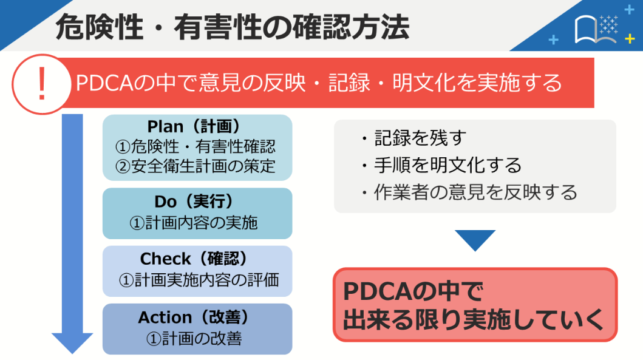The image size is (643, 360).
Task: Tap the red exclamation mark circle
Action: (x=41, y=84)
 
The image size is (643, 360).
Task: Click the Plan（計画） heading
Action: (x=197, y=126)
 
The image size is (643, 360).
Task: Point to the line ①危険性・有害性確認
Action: (x=197, y=146)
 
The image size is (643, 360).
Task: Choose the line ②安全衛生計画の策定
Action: (x=197, y=166)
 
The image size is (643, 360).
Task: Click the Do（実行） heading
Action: (x=197, y=202)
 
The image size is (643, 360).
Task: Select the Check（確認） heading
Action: (x=197, y=259)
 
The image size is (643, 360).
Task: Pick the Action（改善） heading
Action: (x=197, y=318)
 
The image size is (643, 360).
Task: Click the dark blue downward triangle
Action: (x=475, y=239)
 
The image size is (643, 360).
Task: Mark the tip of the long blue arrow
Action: (x=72, y=352)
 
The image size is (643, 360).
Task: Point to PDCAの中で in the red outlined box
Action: (x=413, y=292)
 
